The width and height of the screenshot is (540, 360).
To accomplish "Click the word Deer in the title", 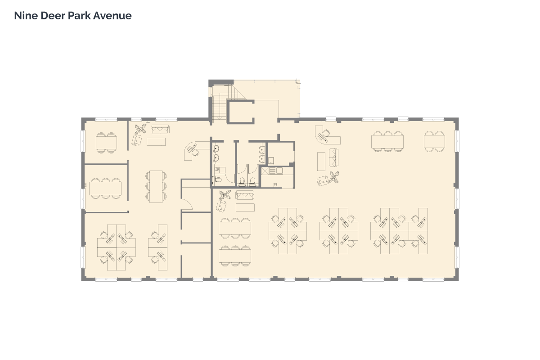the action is pos(53,16).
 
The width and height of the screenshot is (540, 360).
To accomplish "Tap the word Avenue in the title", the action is pos(112,16).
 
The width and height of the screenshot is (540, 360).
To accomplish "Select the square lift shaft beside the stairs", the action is pos(241,112).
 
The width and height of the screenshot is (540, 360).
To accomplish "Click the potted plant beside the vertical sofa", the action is pos(334,177).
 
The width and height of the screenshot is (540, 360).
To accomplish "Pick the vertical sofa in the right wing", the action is pos(333,157).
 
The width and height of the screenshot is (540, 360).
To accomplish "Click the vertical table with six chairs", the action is pos(156,187).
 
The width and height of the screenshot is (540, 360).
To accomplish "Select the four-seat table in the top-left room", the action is pos(106,143).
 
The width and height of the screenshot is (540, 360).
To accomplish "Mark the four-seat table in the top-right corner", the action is pos(434,141).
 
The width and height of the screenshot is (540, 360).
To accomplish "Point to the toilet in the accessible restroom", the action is pos(218,180).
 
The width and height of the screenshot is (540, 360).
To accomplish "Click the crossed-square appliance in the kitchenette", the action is pos(265,171).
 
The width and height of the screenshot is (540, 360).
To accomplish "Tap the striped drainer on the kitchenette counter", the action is pos(272,171).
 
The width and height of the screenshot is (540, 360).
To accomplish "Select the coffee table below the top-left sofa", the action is pos(156,142).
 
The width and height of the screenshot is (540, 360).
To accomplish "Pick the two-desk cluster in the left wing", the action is pos(158,247).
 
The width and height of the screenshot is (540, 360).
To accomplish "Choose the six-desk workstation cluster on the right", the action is pos(399,231).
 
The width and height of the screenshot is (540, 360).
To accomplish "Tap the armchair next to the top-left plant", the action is pos(137,140).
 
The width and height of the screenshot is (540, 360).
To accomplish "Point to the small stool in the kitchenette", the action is pos(275,185).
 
